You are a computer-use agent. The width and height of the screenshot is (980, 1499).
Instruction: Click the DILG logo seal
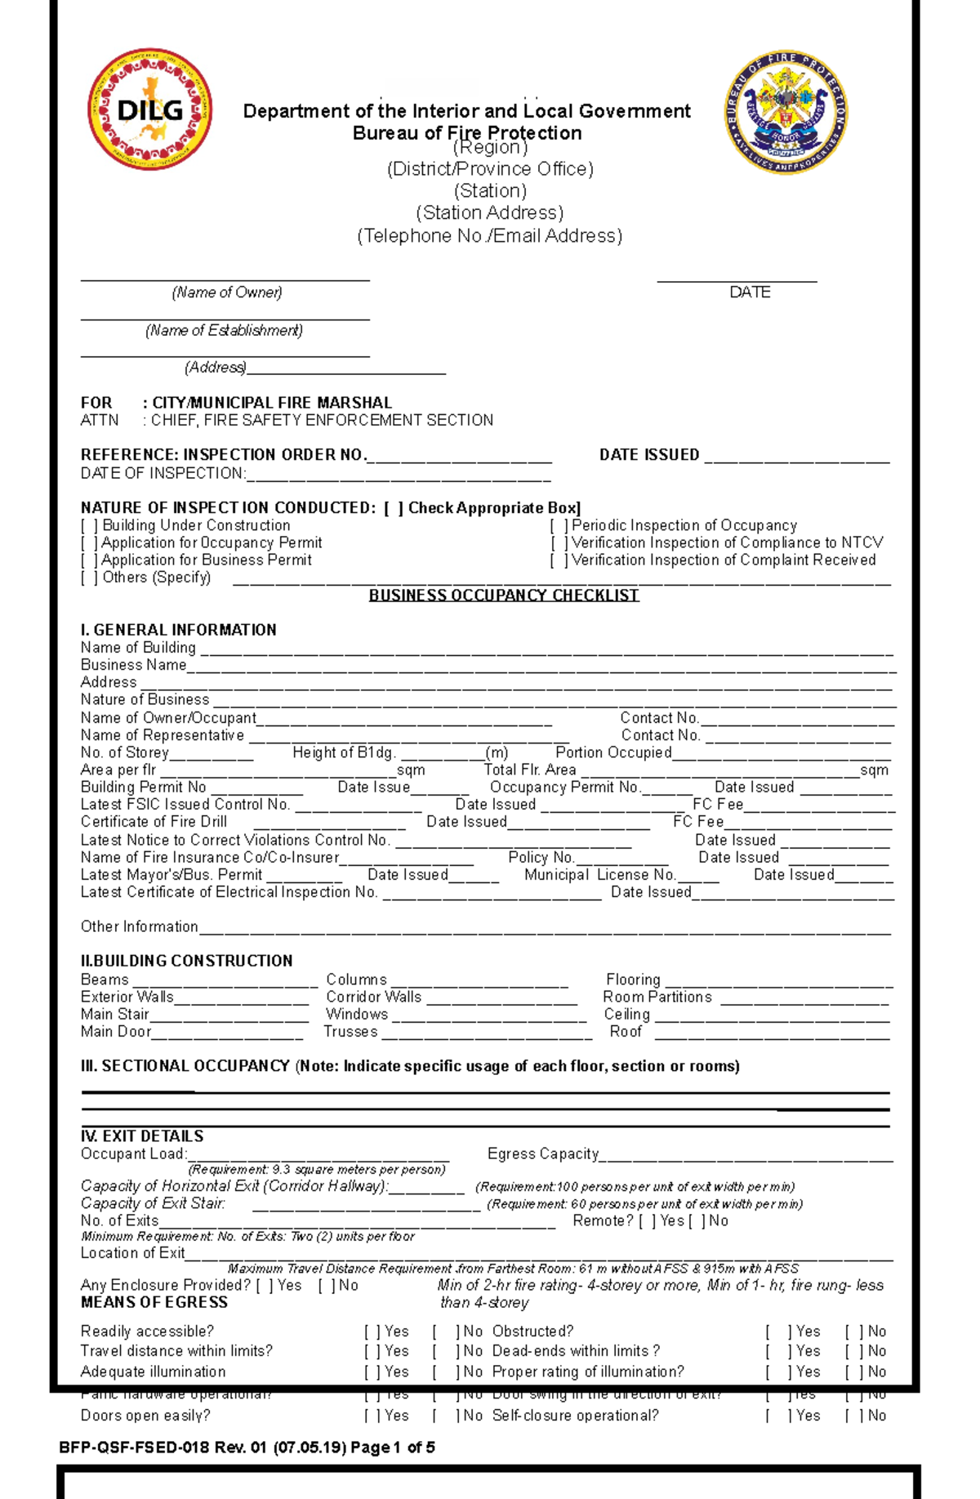[x=150, y=109]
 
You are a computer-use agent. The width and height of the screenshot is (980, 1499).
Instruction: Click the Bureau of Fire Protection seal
[x=786, y=112]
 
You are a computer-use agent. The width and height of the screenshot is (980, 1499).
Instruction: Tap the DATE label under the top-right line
[x=750, y=292]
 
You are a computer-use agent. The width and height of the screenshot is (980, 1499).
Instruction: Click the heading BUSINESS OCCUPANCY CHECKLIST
[x=503, y=596]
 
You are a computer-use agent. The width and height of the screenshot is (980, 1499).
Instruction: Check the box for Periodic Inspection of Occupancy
[x=559, y=526]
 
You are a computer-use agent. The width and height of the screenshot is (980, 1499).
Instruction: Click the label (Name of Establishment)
[x=224, y=331]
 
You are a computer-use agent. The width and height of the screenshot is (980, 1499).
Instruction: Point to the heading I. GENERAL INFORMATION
[x=178, y=630]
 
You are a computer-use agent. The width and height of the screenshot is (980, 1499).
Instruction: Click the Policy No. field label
[x=541, y=858]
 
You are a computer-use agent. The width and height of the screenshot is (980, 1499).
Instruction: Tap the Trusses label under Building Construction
[x=350, y=1032]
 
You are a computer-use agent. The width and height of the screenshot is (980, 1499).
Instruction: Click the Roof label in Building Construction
[x=626, y=1032]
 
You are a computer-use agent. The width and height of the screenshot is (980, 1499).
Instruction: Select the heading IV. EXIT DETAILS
[x=142, y=1136]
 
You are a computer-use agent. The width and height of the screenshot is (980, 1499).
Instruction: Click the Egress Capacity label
[x=543, y=1154]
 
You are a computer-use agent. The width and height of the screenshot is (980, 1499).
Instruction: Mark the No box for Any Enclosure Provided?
[x=326, y=1286]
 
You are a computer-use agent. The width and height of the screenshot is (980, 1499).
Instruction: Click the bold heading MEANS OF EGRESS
[x=154, y=1303]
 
